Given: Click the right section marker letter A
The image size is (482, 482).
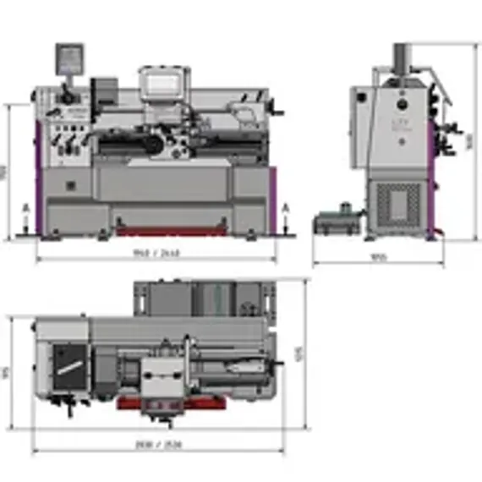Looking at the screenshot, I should tap(286, 205).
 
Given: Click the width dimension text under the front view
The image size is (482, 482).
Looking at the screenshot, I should tap(157, 252).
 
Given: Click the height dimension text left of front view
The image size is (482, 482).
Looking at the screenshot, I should tap(4, 172).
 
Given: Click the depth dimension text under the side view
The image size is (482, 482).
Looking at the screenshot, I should tap(379, 258).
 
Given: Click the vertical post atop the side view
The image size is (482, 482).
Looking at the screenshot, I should tap(400, 57).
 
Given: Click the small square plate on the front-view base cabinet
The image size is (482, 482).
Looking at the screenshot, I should tap(70, 183).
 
